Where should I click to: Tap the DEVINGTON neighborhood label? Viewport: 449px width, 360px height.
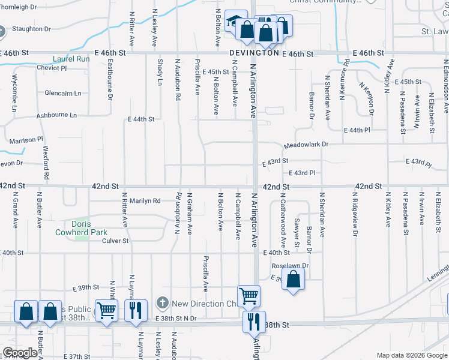point(255,53)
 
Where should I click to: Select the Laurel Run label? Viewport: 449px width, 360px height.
point(71,59)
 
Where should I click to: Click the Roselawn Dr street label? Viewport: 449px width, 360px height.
point(290,265)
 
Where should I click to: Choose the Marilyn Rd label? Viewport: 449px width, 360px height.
point(143,201)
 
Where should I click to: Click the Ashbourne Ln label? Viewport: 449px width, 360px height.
point(56,115)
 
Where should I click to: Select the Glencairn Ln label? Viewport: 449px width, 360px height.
point(62,93)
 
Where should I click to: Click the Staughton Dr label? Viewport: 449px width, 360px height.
point(31,29)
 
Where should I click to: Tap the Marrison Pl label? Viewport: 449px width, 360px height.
point(26,140)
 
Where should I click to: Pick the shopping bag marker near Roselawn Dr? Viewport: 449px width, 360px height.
point(293,280)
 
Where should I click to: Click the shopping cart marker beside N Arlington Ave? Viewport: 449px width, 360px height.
point(249,295)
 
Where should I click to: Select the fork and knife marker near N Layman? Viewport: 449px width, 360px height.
point(135,310)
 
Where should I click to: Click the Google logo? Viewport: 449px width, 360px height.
point(20,353)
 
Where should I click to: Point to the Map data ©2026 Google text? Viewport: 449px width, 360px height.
point(411,355)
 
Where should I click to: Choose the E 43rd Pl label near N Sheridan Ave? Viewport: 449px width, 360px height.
point(303,173)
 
